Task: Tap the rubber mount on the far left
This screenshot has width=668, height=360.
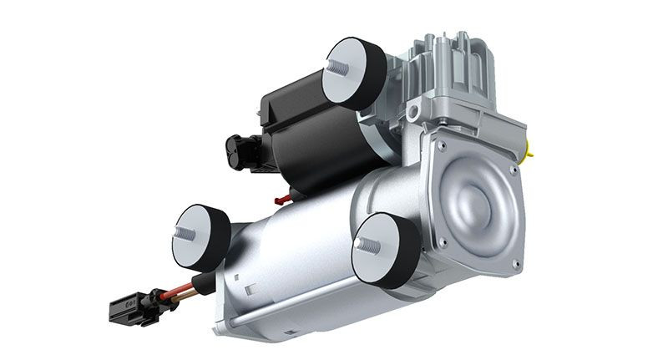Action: [x=203, y=233]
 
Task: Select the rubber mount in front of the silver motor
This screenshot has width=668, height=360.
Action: [x=386, y=250]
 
